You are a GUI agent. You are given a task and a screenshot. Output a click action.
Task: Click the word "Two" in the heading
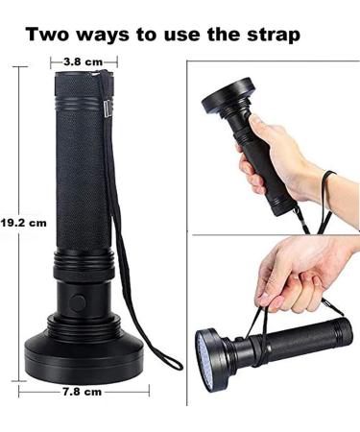coord(49,35)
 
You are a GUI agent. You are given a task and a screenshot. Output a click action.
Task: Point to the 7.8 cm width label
coord(82,392)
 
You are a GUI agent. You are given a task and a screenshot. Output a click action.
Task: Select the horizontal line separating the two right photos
coord(274,234)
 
